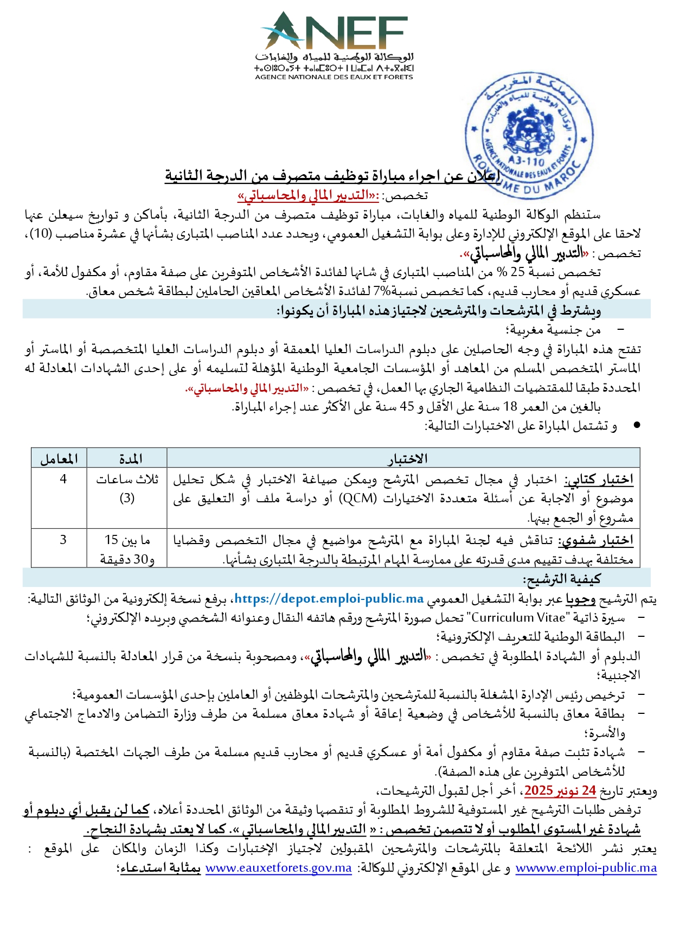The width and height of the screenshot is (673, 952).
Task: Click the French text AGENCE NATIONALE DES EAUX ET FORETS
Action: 334,77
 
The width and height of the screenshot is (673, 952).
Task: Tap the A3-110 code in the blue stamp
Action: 526,161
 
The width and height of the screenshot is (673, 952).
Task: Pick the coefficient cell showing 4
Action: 63,480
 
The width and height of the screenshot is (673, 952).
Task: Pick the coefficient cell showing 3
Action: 63,540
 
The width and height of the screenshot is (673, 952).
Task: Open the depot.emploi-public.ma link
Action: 329,599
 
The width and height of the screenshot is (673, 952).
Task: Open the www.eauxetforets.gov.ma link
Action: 279,868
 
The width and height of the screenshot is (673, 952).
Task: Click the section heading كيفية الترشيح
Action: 562,579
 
